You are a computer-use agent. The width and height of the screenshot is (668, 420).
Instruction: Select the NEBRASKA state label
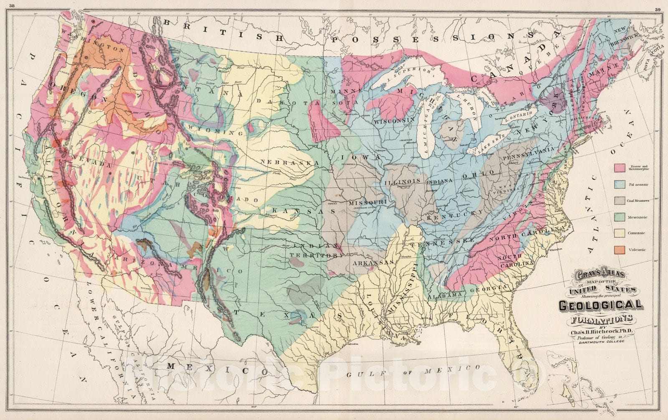click(287, 162)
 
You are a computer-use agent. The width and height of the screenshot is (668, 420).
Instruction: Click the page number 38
click(17, 5)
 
